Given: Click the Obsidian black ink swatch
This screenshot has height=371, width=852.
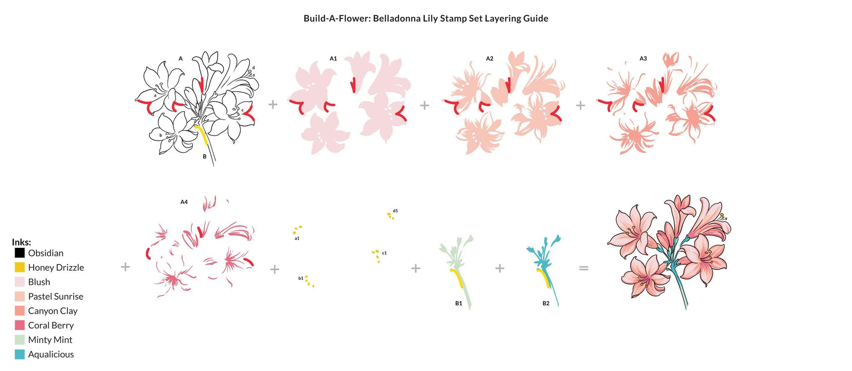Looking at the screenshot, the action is [x=20, y=253].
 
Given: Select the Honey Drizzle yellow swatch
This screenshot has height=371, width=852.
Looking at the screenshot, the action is [x=20, y=268].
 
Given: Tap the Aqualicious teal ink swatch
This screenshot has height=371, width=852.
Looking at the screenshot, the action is [x=20, y=354].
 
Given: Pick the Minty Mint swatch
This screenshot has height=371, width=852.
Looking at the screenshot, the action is [x=20, y=340].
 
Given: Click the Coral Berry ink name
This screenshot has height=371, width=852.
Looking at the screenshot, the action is [x=51, y=325].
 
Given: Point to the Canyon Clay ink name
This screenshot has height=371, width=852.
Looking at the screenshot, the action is [x=53, y=311].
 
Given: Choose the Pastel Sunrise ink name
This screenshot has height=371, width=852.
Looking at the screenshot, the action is [x=56, y=296].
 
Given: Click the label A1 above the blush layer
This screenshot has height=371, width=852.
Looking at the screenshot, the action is [x=333, y=59].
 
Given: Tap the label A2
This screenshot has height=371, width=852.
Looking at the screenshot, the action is [x=489, y=59].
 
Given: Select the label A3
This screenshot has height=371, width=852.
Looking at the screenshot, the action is [x=643, y=59].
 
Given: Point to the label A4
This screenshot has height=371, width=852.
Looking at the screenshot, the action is [x=184, y=202].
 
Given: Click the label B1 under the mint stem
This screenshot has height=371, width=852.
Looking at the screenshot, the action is [x=459, y=303].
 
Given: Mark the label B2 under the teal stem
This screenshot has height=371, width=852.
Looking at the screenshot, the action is [x=546, y=303].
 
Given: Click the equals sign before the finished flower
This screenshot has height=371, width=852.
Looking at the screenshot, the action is [x=584, y=268].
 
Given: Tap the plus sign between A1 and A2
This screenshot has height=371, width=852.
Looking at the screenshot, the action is [x=424, y=105].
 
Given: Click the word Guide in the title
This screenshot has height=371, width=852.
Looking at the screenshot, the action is [x=536, y=18].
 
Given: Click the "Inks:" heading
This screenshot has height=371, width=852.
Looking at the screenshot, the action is [x=21, y=242].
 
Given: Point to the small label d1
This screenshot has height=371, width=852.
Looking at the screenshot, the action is [x=395, y=210].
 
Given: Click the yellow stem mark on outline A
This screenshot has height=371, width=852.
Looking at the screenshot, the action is [x=202, y=134].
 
